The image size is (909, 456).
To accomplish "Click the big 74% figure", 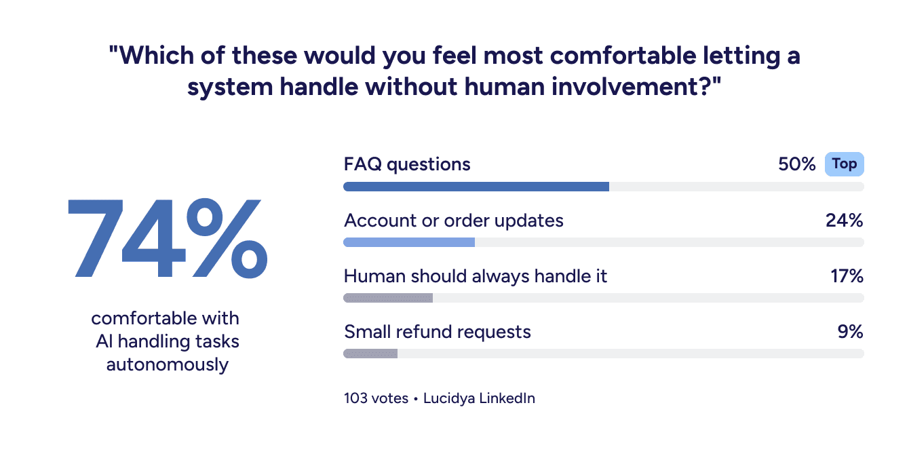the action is [167, 238].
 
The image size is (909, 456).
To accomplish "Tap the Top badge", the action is [844, 164].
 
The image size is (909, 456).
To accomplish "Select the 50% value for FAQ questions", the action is [796, 164].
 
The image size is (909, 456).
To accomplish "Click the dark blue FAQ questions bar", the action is [476, 187].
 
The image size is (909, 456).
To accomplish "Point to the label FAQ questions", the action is [407, 164].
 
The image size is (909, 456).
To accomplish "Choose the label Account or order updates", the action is [454, 221].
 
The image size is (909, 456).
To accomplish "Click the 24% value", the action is [844, 220].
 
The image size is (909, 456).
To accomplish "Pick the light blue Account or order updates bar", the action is [409, 242].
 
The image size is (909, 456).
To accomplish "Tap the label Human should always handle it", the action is [476, 276].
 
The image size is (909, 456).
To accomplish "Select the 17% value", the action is [847, 276].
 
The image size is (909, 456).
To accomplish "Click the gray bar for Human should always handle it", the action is [388, 298].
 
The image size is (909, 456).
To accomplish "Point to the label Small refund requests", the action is [438, 332].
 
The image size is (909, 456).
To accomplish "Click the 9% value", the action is [850, 332].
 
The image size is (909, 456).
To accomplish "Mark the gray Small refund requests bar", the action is [370, 354].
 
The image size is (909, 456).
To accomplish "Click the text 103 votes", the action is [376, 398].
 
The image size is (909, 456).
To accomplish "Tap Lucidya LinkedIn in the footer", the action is [479, 398].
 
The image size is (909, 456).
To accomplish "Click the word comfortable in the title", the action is [623, 55].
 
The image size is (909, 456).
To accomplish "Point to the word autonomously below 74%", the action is [167, 364].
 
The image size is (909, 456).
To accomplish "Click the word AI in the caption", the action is [104, 341].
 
